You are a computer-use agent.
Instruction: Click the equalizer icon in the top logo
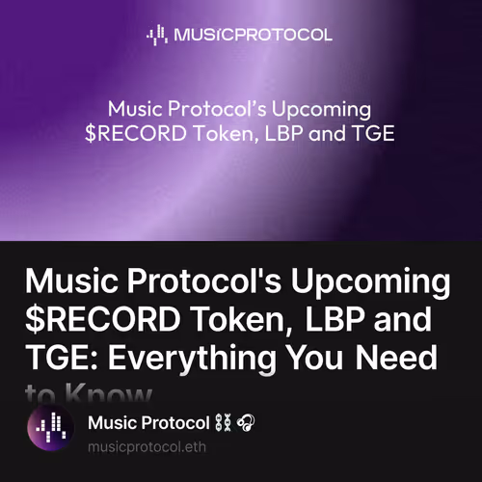(x=156, y=36)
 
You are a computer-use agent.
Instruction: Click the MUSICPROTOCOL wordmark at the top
(x=253, y=36)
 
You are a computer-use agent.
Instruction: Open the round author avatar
(x=50, y=431)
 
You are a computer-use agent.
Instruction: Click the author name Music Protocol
(x=148, y=423)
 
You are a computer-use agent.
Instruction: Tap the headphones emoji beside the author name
(x=245, y=423)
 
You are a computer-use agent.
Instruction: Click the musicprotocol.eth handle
(x=147, y=447)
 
